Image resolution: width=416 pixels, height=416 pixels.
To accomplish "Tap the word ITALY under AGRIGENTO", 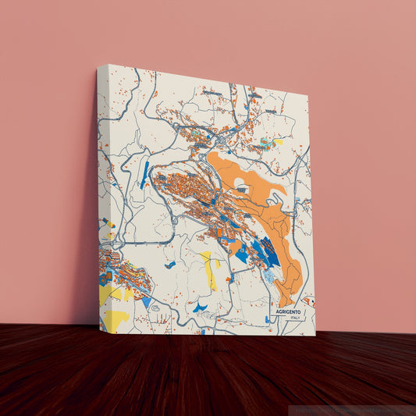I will click(294, 318).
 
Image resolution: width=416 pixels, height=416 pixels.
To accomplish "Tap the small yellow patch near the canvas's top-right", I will click(278, 142).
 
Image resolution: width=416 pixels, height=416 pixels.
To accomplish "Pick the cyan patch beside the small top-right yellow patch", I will click(268, 142).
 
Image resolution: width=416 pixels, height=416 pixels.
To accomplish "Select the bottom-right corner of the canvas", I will click(315, 335).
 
